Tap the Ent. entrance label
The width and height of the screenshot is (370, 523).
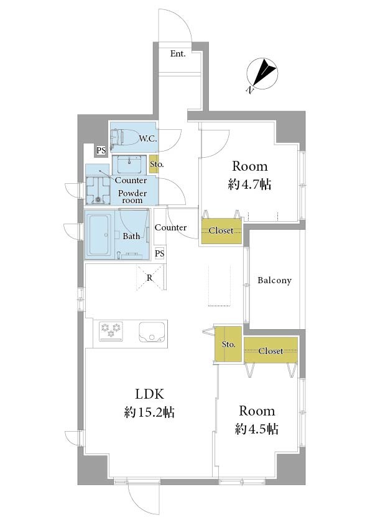[178, 53]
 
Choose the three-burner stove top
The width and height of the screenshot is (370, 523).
[111, 331]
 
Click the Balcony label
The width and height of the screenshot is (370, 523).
[274, 281]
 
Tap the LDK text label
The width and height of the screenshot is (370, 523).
[150, 394]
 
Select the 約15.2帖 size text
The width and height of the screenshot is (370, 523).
[149, 412]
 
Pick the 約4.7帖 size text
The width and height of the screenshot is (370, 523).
[250, 184]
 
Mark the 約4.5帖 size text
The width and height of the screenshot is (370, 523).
[257, 429]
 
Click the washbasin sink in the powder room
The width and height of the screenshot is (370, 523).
[129, 164]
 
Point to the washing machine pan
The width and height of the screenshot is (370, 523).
[98, 190]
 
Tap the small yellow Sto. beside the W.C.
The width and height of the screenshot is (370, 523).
[154, 165]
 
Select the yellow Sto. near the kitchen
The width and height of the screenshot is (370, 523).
[228, 345]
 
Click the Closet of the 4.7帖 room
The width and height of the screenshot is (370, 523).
[221, 231]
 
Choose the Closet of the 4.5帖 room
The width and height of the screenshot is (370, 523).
[271, 350]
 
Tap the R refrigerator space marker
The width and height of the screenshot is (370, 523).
[150, 278]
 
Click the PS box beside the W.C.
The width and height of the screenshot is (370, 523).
[101, 150]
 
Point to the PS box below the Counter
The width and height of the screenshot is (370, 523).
[160, 254]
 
